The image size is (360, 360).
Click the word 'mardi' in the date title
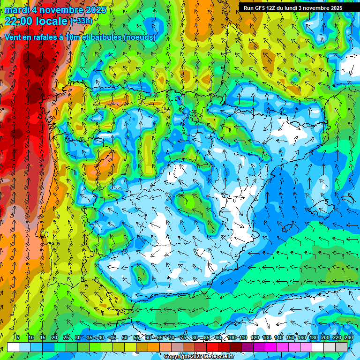coord(17,10)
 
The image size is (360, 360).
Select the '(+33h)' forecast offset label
coord(81,21)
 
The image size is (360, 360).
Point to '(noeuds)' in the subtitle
coord(139,37)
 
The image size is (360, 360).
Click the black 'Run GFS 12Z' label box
coord(292,8)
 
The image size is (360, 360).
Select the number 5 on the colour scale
coord(18,338)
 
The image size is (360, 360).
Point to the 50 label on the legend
coord(124,338)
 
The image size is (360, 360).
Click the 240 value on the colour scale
coord(348,338)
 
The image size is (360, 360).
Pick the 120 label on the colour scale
coord(255,338)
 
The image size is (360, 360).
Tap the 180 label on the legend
coord(314,338)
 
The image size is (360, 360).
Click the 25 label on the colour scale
coord(66,338)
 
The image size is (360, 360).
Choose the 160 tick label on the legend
coord(302,338)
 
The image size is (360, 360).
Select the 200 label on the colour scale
coord(325,338)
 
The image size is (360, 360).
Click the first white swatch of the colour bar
coord(13,347)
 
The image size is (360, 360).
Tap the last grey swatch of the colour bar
coord(341,347)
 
